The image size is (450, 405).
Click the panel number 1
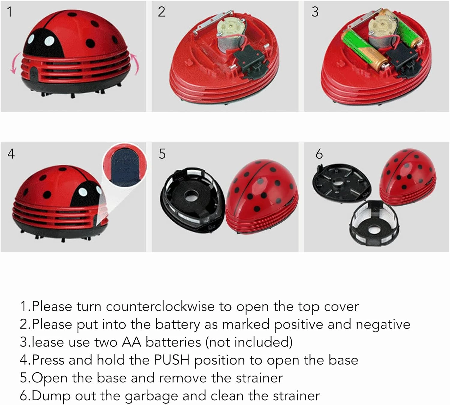coord(10,12)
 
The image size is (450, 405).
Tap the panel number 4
coord(11,154)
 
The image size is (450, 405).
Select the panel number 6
coord(319,154)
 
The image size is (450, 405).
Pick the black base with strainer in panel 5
coord(192,199)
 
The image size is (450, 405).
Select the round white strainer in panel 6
coord(373,222)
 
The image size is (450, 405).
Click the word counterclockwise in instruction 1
coord(160,306)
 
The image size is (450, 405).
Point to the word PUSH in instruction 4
coord(172,360)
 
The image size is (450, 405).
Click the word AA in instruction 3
coord(131,342)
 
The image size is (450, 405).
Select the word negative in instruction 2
coord(383,324)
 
